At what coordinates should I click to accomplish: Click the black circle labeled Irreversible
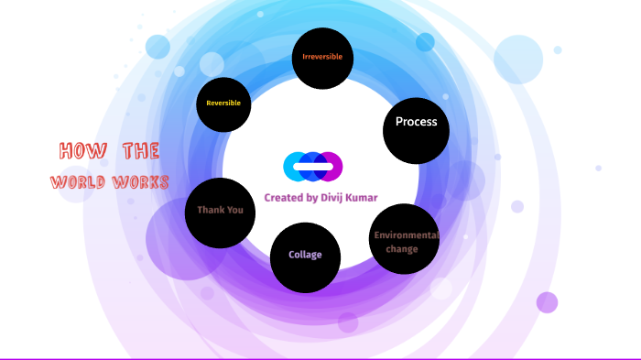[322, 58]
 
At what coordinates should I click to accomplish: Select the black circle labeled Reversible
[223, 104]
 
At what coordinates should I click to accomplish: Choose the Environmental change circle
[405, 241]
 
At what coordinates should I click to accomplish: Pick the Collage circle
[305, 256]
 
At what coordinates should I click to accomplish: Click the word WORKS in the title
[140, 182]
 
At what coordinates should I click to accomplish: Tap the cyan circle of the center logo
[293, 166]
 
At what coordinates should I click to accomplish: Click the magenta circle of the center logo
[332, 166]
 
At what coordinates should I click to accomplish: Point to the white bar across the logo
[313, 166]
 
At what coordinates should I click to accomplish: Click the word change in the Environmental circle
[401, 249]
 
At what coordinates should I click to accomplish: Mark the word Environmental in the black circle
[407, 235]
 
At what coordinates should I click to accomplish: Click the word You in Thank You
[234, 211]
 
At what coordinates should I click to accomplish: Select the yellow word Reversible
[223, 104]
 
